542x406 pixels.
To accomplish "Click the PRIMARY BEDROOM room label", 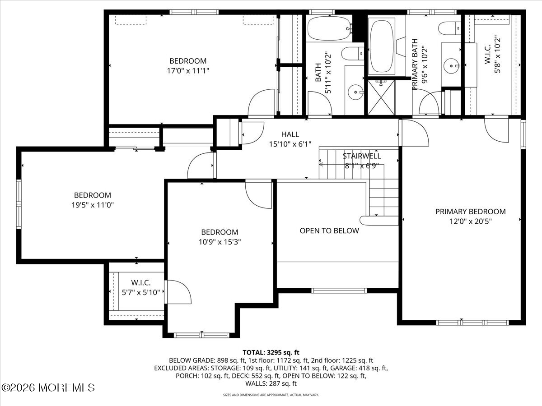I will click(470, 212).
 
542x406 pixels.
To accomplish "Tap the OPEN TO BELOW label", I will click(329, 231).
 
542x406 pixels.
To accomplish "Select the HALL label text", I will click(290, 134).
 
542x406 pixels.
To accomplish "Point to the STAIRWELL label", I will click(361, 156).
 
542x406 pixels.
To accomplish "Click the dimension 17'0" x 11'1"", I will click(188, 70).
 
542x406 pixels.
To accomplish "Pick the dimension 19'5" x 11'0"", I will click(93, 204).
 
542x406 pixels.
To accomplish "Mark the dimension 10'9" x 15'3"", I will click(220, 241).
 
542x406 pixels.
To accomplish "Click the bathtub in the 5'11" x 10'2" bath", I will click(329, 28).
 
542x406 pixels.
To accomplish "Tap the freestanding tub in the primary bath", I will click(382, 45).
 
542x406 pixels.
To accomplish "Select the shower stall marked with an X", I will click(380, 97).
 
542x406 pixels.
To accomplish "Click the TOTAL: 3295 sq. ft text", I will click(271, 352).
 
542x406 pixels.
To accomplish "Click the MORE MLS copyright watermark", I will click(49, 388).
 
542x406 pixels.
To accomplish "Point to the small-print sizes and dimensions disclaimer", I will click(271, 395).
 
